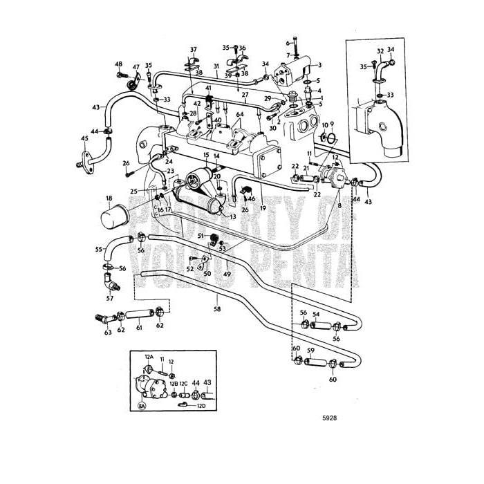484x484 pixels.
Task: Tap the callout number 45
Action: point(84,138)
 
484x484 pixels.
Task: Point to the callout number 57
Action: point(109,299)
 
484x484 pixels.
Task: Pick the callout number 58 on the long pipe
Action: point(217,310)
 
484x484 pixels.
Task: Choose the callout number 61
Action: point(139,328)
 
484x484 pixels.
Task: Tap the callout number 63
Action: point(107,333)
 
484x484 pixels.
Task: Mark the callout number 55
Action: point(98,248)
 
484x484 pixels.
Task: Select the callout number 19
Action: point(263,207)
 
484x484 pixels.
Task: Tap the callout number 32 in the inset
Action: point(380,51)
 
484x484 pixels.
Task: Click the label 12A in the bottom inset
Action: point(148,357)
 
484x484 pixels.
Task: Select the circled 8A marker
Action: point(142,406)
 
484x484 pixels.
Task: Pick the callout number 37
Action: point(194,49)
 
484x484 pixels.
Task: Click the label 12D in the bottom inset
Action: point(202,406)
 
